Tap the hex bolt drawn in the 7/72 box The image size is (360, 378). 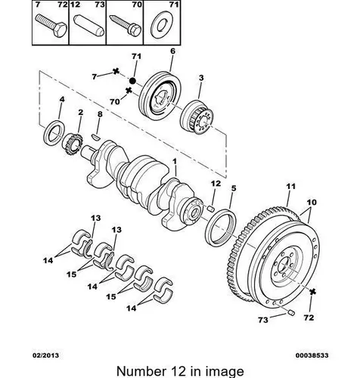pos(51,26)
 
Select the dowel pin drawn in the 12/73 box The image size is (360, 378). pos(88,26)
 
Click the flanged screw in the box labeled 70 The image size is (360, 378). pos(126,26)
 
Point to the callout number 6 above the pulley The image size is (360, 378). pos(172,51)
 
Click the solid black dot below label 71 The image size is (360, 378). pos(132,81)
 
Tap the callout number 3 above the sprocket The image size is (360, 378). pos(201,78)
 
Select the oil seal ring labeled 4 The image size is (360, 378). pos(54,133)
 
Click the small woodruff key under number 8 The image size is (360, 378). pos(95,136)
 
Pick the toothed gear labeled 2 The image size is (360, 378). pos(73,145)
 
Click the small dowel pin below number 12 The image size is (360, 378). pos(211,208)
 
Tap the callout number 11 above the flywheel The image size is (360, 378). pos(290,187)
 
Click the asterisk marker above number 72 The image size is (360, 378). pos(312,292)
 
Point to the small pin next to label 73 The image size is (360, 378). pos(291,313)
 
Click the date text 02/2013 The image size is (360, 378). pos(46,355)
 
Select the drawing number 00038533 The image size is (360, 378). pos(312,355)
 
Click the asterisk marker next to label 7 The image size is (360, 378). pos(116,71)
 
